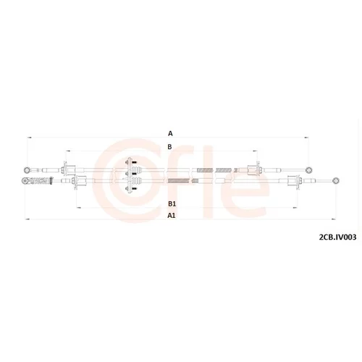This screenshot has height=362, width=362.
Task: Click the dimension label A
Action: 170,133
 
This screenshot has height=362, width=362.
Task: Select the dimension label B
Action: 169,147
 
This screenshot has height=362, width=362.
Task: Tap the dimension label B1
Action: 172,204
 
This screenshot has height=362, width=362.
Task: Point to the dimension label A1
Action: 172,215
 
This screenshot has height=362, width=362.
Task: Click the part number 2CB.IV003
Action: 337,237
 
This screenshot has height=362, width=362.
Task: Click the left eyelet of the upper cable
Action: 28,170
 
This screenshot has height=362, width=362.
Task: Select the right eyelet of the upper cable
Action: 308,170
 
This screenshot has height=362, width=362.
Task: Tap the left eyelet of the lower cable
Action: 25,180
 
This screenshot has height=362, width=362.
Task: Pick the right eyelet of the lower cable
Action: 336,180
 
